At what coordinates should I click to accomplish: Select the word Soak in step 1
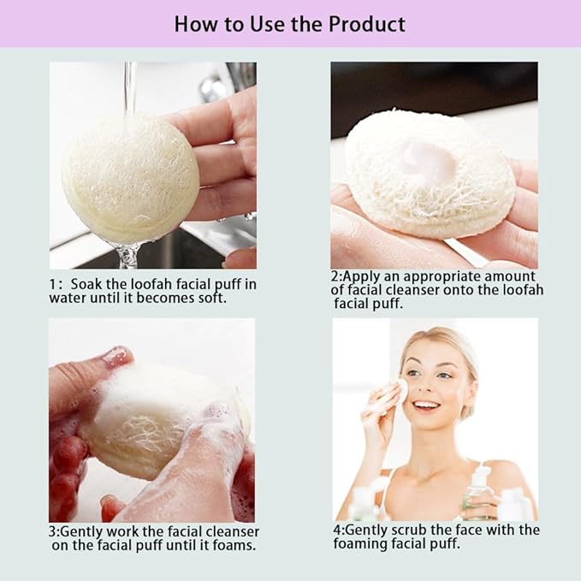[89, 284]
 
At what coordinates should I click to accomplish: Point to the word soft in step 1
[212, 298]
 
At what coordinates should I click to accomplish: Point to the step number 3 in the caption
[52, 532]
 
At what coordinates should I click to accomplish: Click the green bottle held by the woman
[477, 495]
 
